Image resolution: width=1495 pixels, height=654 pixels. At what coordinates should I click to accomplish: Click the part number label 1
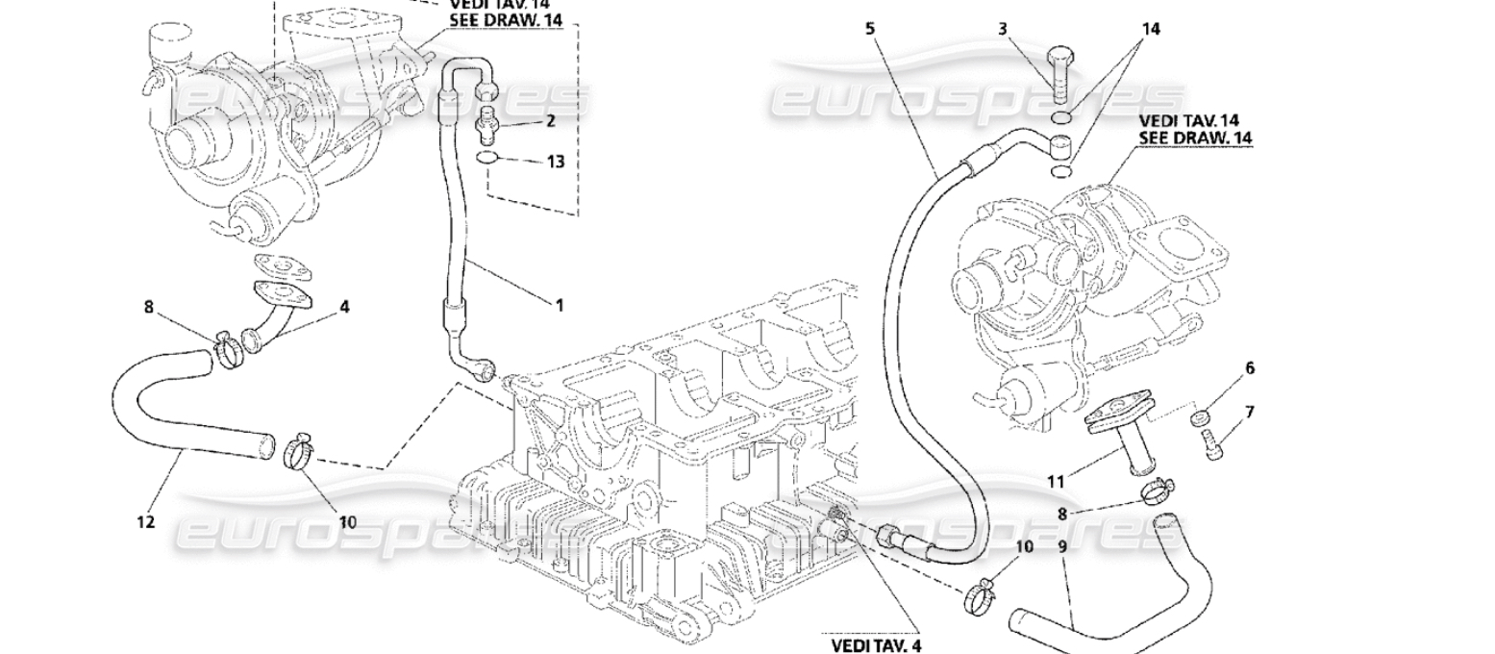(558, 306)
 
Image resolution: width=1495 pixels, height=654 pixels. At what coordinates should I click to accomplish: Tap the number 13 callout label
(556, 162)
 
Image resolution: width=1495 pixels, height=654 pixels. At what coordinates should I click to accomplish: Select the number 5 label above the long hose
(870, 29)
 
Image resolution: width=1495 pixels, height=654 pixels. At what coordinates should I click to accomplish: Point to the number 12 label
(145, 522)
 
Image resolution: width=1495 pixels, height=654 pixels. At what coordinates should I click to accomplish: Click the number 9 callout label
(1062, 546)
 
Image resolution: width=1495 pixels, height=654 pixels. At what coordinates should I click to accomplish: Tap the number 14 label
(1151, 29)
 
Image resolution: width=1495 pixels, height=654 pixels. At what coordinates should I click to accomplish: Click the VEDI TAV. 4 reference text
(876, 645)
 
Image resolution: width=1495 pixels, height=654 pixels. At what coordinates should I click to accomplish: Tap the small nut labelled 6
(1200, 418)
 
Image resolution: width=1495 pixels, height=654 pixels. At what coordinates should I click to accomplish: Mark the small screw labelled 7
(1213, 445)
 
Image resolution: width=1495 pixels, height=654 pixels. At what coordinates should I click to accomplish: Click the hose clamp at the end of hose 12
(299, 449)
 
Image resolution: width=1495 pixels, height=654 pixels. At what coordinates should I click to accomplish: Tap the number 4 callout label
(344, 307)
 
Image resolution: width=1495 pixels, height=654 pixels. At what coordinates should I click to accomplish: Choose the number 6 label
(1249, 367)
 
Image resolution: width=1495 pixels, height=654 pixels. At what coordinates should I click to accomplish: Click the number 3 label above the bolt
(1003, 29)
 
